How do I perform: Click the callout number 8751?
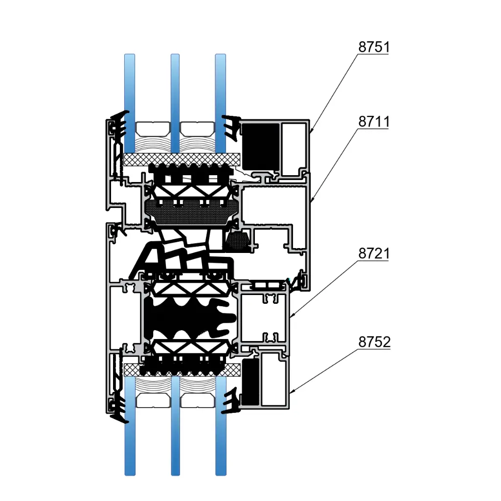[x=374, y=47]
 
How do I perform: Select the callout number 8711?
[x=374, y=121]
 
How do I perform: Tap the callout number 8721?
[x=374, y=253]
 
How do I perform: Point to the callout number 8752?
[x=374, y=342]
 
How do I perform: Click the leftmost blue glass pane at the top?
[x=129, y=103]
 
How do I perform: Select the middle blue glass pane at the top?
[x=175, y=103]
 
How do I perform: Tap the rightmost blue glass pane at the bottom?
[x=221, y=426]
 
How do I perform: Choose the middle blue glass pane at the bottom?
[x=176, y=426]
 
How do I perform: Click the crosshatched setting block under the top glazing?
[x=182, y=159]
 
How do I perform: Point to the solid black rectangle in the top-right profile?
[x=260, y=147]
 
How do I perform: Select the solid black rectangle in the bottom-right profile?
[x=250, y=382]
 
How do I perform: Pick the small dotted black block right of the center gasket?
[x=237, y=241]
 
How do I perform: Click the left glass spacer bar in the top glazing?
[x=153, y=128]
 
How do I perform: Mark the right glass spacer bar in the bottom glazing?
[x=197, y=401]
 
